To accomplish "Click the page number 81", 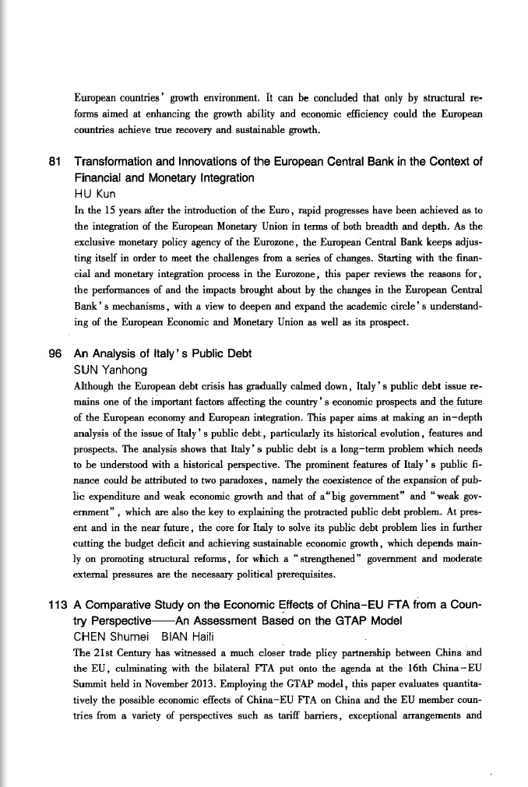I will [x=55, y=162].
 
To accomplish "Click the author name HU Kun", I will [x=95, y=195].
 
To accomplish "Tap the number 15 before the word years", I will [x=111, y=211].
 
